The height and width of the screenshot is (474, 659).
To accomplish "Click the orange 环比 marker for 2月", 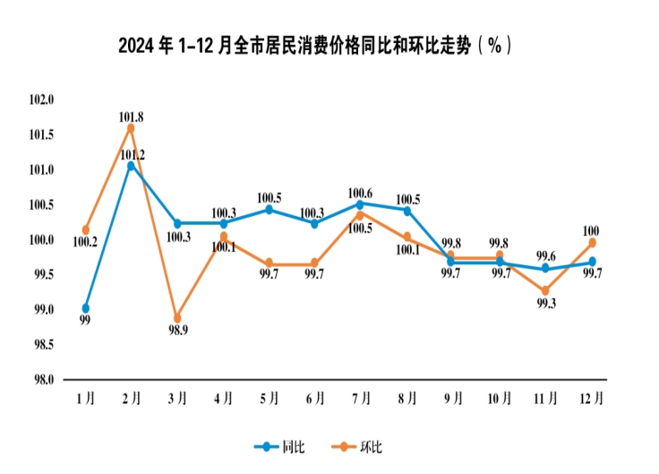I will [131, 128].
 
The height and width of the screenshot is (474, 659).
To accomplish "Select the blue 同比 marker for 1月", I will [85, 308].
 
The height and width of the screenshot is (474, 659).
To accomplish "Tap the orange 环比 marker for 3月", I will [177, 318].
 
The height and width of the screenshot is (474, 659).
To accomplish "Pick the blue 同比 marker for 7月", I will [360, 204].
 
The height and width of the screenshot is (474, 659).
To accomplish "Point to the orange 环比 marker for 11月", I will [545, 290].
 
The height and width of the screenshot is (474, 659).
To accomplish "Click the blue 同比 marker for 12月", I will [592, 262].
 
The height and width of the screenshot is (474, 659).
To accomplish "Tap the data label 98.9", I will [177, 332].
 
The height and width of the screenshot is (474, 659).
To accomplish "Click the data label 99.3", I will [545, 305].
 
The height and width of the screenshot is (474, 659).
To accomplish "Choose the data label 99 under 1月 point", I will [85, 321].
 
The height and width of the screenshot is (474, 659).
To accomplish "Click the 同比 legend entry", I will [280, 445].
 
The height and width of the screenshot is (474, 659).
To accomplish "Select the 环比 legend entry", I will [363, 445].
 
